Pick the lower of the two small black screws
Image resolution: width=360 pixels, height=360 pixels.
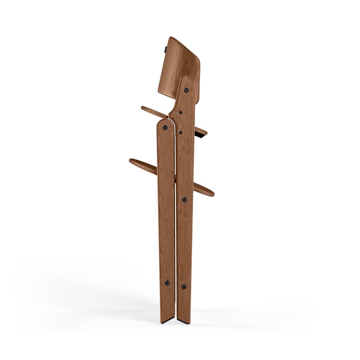click(x=180, y=132)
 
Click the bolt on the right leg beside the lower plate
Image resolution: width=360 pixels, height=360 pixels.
click(x=184, y=198)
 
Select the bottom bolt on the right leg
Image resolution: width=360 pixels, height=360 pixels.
click(x=183, y=286)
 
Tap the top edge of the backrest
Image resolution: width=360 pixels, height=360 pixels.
click(x=180, y=39)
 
